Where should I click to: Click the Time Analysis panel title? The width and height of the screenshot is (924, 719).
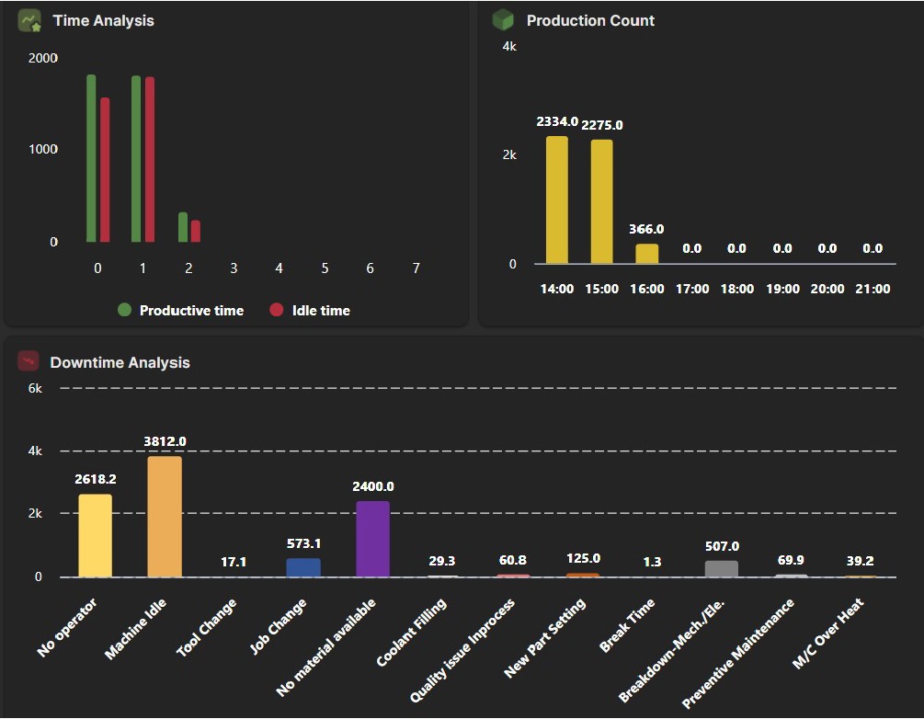click(103, 20)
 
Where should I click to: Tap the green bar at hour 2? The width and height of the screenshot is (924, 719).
click(183, 227)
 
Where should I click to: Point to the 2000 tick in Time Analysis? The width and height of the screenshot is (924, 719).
click(42, 58)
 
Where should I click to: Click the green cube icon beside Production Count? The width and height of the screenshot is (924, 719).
click(502, 19)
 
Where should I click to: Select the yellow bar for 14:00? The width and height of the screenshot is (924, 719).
click(557, 200)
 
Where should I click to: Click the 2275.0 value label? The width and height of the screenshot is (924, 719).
click(602, 125)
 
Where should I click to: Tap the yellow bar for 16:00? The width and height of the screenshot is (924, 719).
click(647, 254)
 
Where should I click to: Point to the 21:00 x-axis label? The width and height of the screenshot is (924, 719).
click(873, 289)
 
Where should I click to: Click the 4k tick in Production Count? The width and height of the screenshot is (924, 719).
click(508, 46)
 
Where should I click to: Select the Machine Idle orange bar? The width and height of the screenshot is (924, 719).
click(165, 516)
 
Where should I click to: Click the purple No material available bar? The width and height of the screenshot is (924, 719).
click(372, 539)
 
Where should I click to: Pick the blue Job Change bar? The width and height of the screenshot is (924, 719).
click(303, 567)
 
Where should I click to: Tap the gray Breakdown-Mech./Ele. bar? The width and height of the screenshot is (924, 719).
click(722, 568)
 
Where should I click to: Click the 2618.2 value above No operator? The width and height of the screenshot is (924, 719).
click(96, 479)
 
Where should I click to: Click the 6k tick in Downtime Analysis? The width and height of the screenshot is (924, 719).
click(35, 388)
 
